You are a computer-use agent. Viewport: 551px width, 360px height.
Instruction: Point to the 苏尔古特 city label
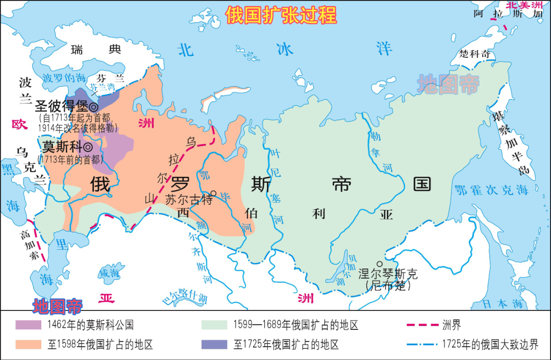188,200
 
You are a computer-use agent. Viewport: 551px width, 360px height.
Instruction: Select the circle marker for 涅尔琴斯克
380,264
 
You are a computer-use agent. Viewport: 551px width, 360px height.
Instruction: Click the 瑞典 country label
96,50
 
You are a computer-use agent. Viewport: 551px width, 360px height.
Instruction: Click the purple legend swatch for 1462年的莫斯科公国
28,325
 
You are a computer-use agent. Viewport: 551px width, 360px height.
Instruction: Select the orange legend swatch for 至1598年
28,344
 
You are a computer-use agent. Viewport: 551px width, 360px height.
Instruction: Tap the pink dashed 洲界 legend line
422,325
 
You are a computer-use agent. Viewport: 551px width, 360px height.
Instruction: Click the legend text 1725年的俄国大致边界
490,344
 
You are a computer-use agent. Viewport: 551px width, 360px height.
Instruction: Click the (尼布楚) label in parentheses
388,286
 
